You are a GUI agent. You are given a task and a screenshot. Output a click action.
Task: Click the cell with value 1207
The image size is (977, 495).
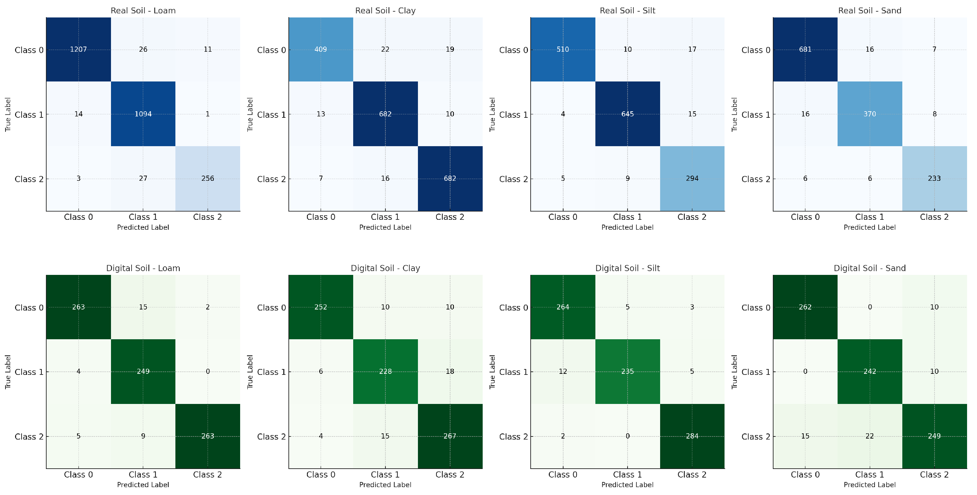pos(78,49)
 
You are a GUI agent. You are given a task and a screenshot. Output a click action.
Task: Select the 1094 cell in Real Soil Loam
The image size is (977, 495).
pos(143,114)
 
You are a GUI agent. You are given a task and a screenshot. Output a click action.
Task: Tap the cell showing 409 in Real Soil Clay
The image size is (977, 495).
pos(321,49)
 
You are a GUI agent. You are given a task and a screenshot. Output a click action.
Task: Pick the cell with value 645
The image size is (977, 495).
pos(627,114)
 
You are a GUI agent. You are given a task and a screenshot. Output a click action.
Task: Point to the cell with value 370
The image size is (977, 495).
pos(869,114)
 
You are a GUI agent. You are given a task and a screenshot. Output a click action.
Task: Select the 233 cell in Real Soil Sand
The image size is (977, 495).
pos(934,178)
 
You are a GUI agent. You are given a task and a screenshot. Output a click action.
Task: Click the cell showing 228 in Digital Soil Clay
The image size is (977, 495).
pos(385,371)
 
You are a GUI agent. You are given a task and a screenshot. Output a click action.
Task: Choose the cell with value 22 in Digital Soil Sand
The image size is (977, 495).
pos(869,436)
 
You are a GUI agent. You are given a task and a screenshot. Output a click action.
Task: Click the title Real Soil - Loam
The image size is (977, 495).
pos(143,11)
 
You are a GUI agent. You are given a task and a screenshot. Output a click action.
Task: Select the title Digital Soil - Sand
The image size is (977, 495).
pos(869,268)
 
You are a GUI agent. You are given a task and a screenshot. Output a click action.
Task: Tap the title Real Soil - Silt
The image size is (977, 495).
pos(627,11)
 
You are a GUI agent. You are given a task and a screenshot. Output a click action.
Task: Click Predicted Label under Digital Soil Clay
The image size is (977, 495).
pos(385,485)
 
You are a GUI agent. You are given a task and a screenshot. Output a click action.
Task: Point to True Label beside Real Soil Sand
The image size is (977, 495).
pos(734,114)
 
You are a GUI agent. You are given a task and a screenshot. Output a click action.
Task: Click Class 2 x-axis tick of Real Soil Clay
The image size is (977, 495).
pos(450,217)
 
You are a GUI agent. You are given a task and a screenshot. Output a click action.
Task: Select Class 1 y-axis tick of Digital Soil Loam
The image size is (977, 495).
pos(29,372)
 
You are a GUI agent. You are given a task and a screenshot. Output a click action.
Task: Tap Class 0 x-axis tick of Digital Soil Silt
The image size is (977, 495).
pos(563,474)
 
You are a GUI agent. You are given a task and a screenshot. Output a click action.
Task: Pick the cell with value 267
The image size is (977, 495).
pos(450,436)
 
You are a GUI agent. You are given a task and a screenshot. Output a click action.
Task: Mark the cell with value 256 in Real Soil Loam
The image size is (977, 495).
pos(208,178)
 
